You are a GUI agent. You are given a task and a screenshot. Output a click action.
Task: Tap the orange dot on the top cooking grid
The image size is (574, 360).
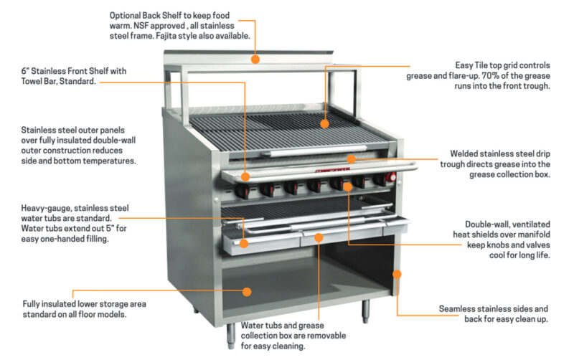pos(324,124)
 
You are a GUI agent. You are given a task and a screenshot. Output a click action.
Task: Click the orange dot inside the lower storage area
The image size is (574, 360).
pos(246,291)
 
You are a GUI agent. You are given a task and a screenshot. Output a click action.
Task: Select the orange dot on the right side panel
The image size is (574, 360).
pos(396,273)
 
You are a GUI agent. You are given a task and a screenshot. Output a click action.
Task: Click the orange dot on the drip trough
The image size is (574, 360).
pos(351,159)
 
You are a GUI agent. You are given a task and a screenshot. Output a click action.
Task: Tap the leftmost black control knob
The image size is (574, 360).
pos(243,191)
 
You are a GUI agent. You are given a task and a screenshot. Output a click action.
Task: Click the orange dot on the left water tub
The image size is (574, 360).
pos(245,243)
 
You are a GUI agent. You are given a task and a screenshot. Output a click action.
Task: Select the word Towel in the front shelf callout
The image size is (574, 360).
pos(36,82)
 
